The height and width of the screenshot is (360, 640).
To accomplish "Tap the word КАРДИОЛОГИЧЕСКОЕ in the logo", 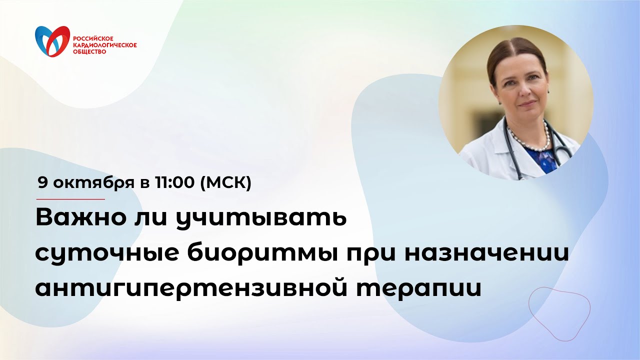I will (105, 45).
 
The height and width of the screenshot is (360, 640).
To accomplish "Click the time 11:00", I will (175, 183).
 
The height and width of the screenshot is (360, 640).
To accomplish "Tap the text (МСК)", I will (225, 183).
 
